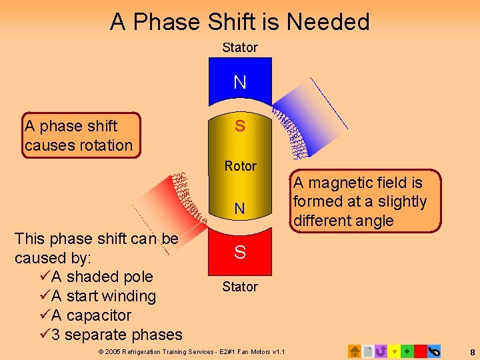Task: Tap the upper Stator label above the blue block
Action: [x=240, y=47]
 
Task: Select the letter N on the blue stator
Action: [x=240, y=82]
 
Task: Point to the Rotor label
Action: [x=240, y=166]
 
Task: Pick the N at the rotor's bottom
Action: [x=240, y=209]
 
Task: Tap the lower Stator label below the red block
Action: [x=240, y=287]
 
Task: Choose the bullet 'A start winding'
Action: [x=103, y=296]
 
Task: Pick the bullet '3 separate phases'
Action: [x=116, y=335]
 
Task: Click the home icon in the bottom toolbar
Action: [x=355, y=351]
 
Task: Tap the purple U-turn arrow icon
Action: [x=381, y=351]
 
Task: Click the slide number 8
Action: [x=472, y=351]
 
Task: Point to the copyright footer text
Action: [x=191, y=351]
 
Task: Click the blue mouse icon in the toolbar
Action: [x=434, y=351]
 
